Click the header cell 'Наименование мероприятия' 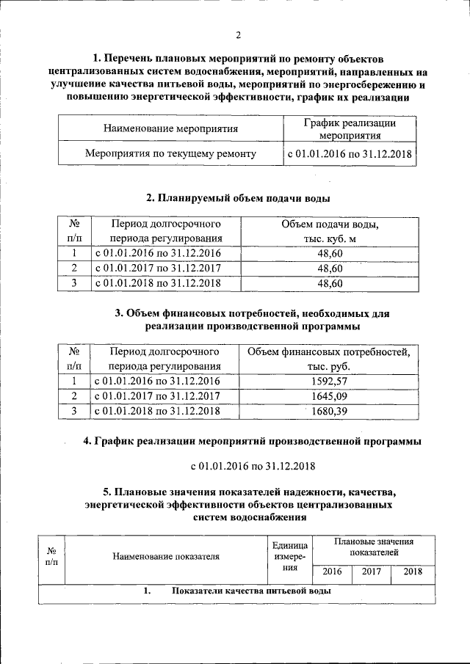[171, 129]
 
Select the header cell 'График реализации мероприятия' [350, 129]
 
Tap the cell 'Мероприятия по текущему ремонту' [170, 154]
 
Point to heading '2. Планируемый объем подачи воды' [238, 198]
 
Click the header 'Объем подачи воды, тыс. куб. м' [330, 232]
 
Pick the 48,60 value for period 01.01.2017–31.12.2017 [330, 268]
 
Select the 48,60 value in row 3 [330, 282]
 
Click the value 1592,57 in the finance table [328, 380]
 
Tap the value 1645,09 [328, 395]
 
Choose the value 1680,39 [328, 411]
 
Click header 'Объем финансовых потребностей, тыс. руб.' [328, 359]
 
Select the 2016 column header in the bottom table [332, 572]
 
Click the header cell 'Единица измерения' [289, 556]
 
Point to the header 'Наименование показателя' [166, 556]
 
